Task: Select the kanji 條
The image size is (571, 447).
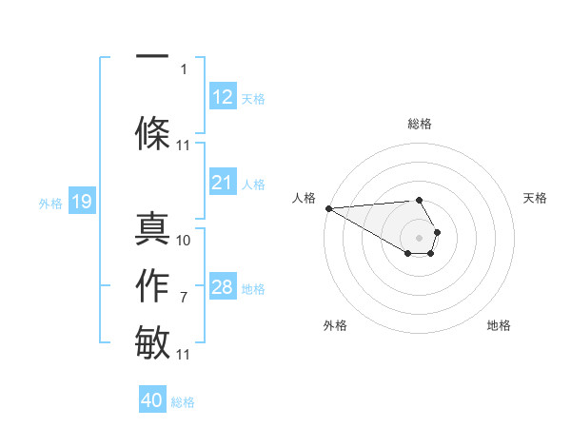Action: [152, 131]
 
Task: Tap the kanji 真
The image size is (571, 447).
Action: [152, 229]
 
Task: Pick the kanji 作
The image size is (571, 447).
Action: [152, 286]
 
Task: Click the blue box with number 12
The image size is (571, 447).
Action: [222, 97]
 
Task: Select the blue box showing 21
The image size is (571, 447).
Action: [222, 183]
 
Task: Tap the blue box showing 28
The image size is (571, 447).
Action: [222, 287]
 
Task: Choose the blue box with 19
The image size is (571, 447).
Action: [81, 202]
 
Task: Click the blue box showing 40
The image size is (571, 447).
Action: [152, 400]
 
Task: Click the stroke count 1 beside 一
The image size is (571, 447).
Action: [184, 68]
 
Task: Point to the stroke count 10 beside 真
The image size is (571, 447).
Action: [184, 241]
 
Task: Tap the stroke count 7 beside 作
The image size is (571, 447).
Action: [184, 298]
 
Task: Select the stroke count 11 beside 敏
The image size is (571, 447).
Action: [184, 355]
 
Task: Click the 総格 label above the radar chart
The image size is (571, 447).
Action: [419, 124]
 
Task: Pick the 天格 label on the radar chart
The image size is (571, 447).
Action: [535, 198]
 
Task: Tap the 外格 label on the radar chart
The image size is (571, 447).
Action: [335, 325]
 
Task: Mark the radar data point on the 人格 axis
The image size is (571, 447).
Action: [328, 207]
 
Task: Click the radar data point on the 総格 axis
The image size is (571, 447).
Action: [419, 200]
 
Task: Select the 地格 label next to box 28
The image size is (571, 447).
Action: [253, 288]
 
